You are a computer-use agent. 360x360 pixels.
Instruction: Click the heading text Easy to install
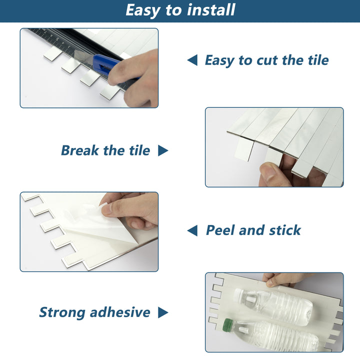click(180, 10)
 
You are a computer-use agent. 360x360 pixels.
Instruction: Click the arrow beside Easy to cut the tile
click(192, 60)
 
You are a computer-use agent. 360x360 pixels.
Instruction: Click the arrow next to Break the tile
click(163, 150)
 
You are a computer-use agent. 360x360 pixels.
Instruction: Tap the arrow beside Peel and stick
click(192, 230)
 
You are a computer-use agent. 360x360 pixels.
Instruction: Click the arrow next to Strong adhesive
click(163, 312)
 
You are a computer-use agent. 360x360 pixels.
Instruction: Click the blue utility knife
click(106, 66)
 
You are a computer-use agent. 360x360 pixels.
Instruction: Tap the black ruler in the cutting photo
click(55, 39)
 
